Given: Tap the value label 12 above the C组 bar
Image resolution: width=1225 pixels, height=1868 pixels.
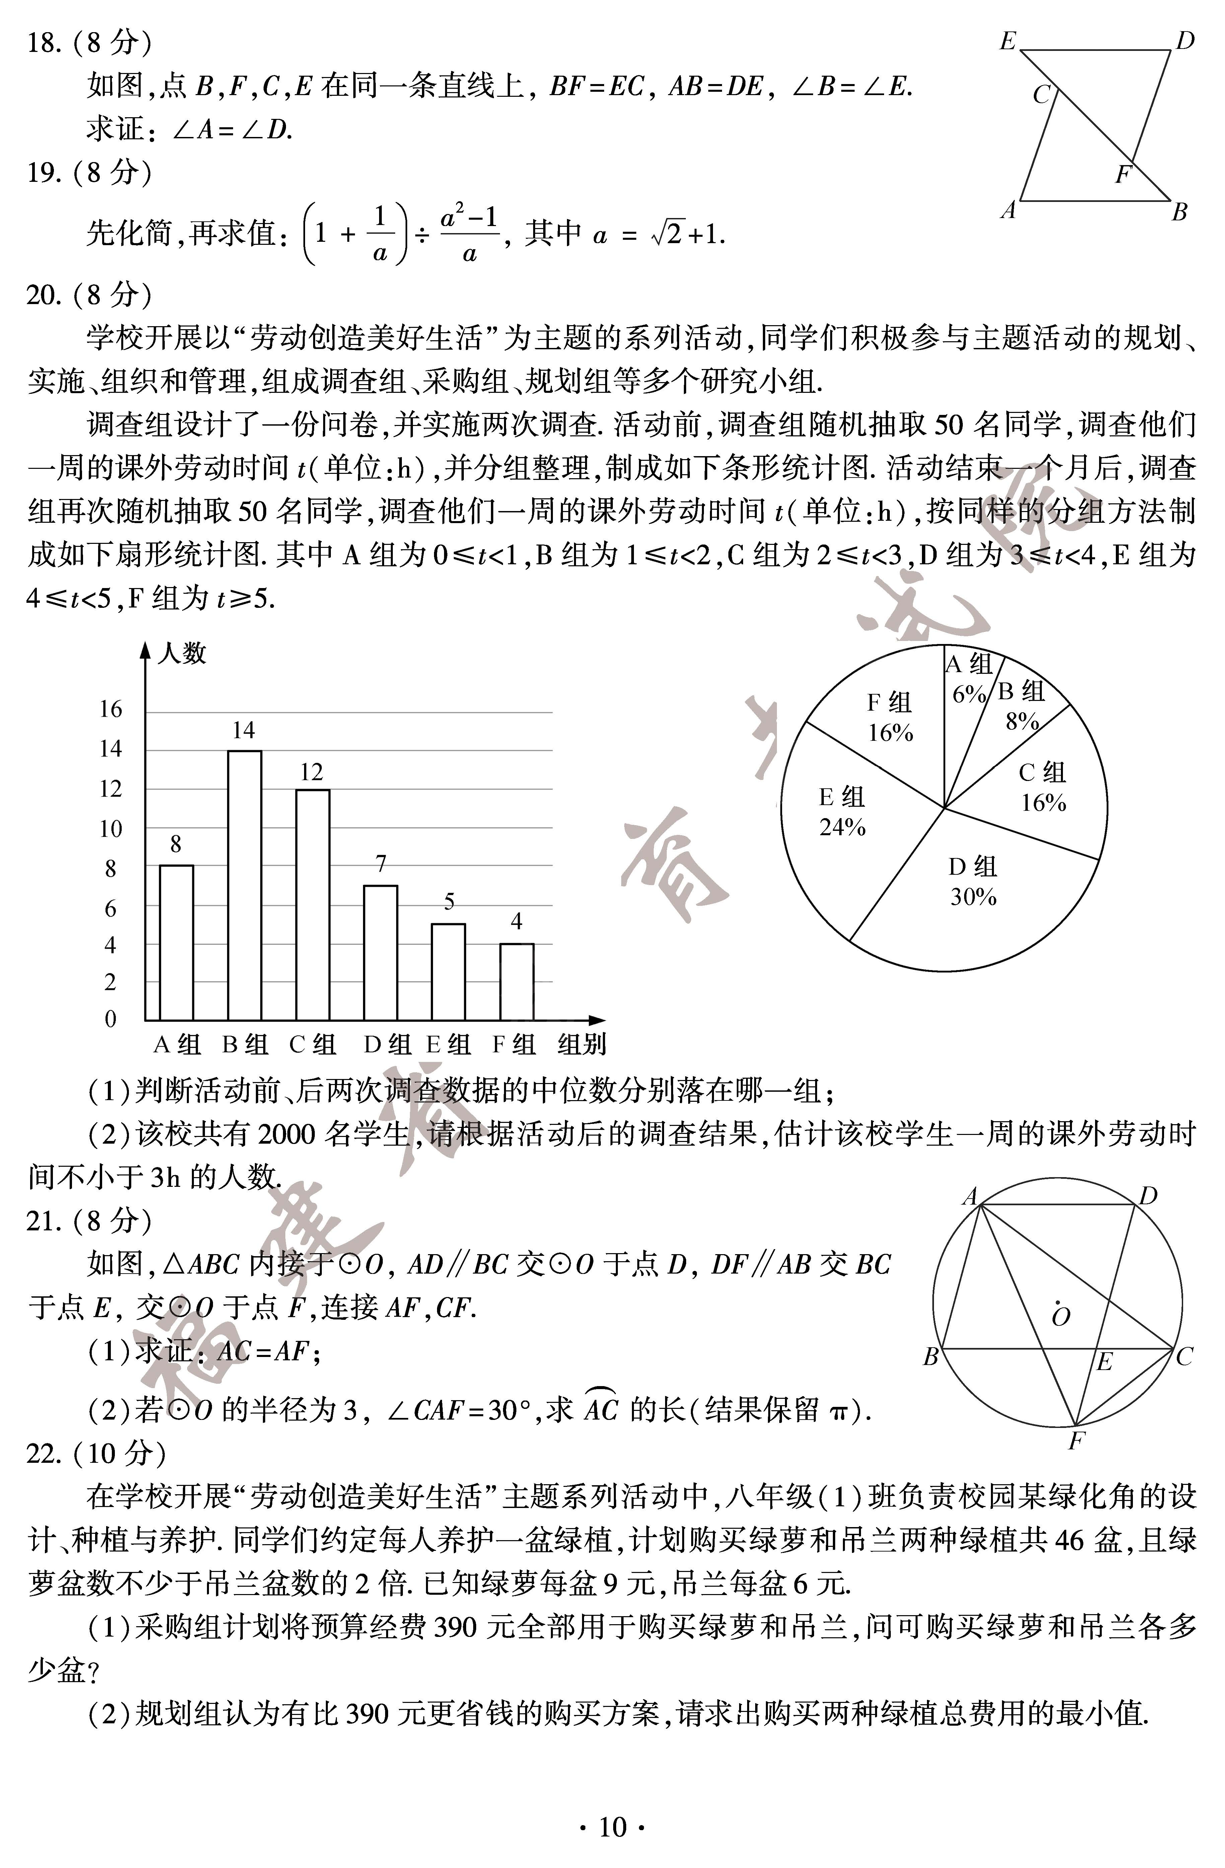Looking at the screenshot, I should tap(311, 772).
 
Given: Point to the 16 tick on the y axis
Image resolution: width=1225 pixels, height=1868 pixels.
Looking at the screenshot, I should tap(111, 710).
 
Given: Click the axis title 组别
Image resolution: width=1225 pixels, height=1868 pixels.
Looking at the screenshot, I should tap(581, 1045).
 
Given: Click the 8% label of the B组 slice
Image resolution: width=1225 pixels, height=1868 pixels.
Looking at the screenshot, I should tap(1022, 721).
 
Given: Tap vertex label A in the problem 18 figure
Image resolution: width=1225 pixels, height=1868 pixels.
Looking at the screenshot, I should tap(1008, 210).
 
